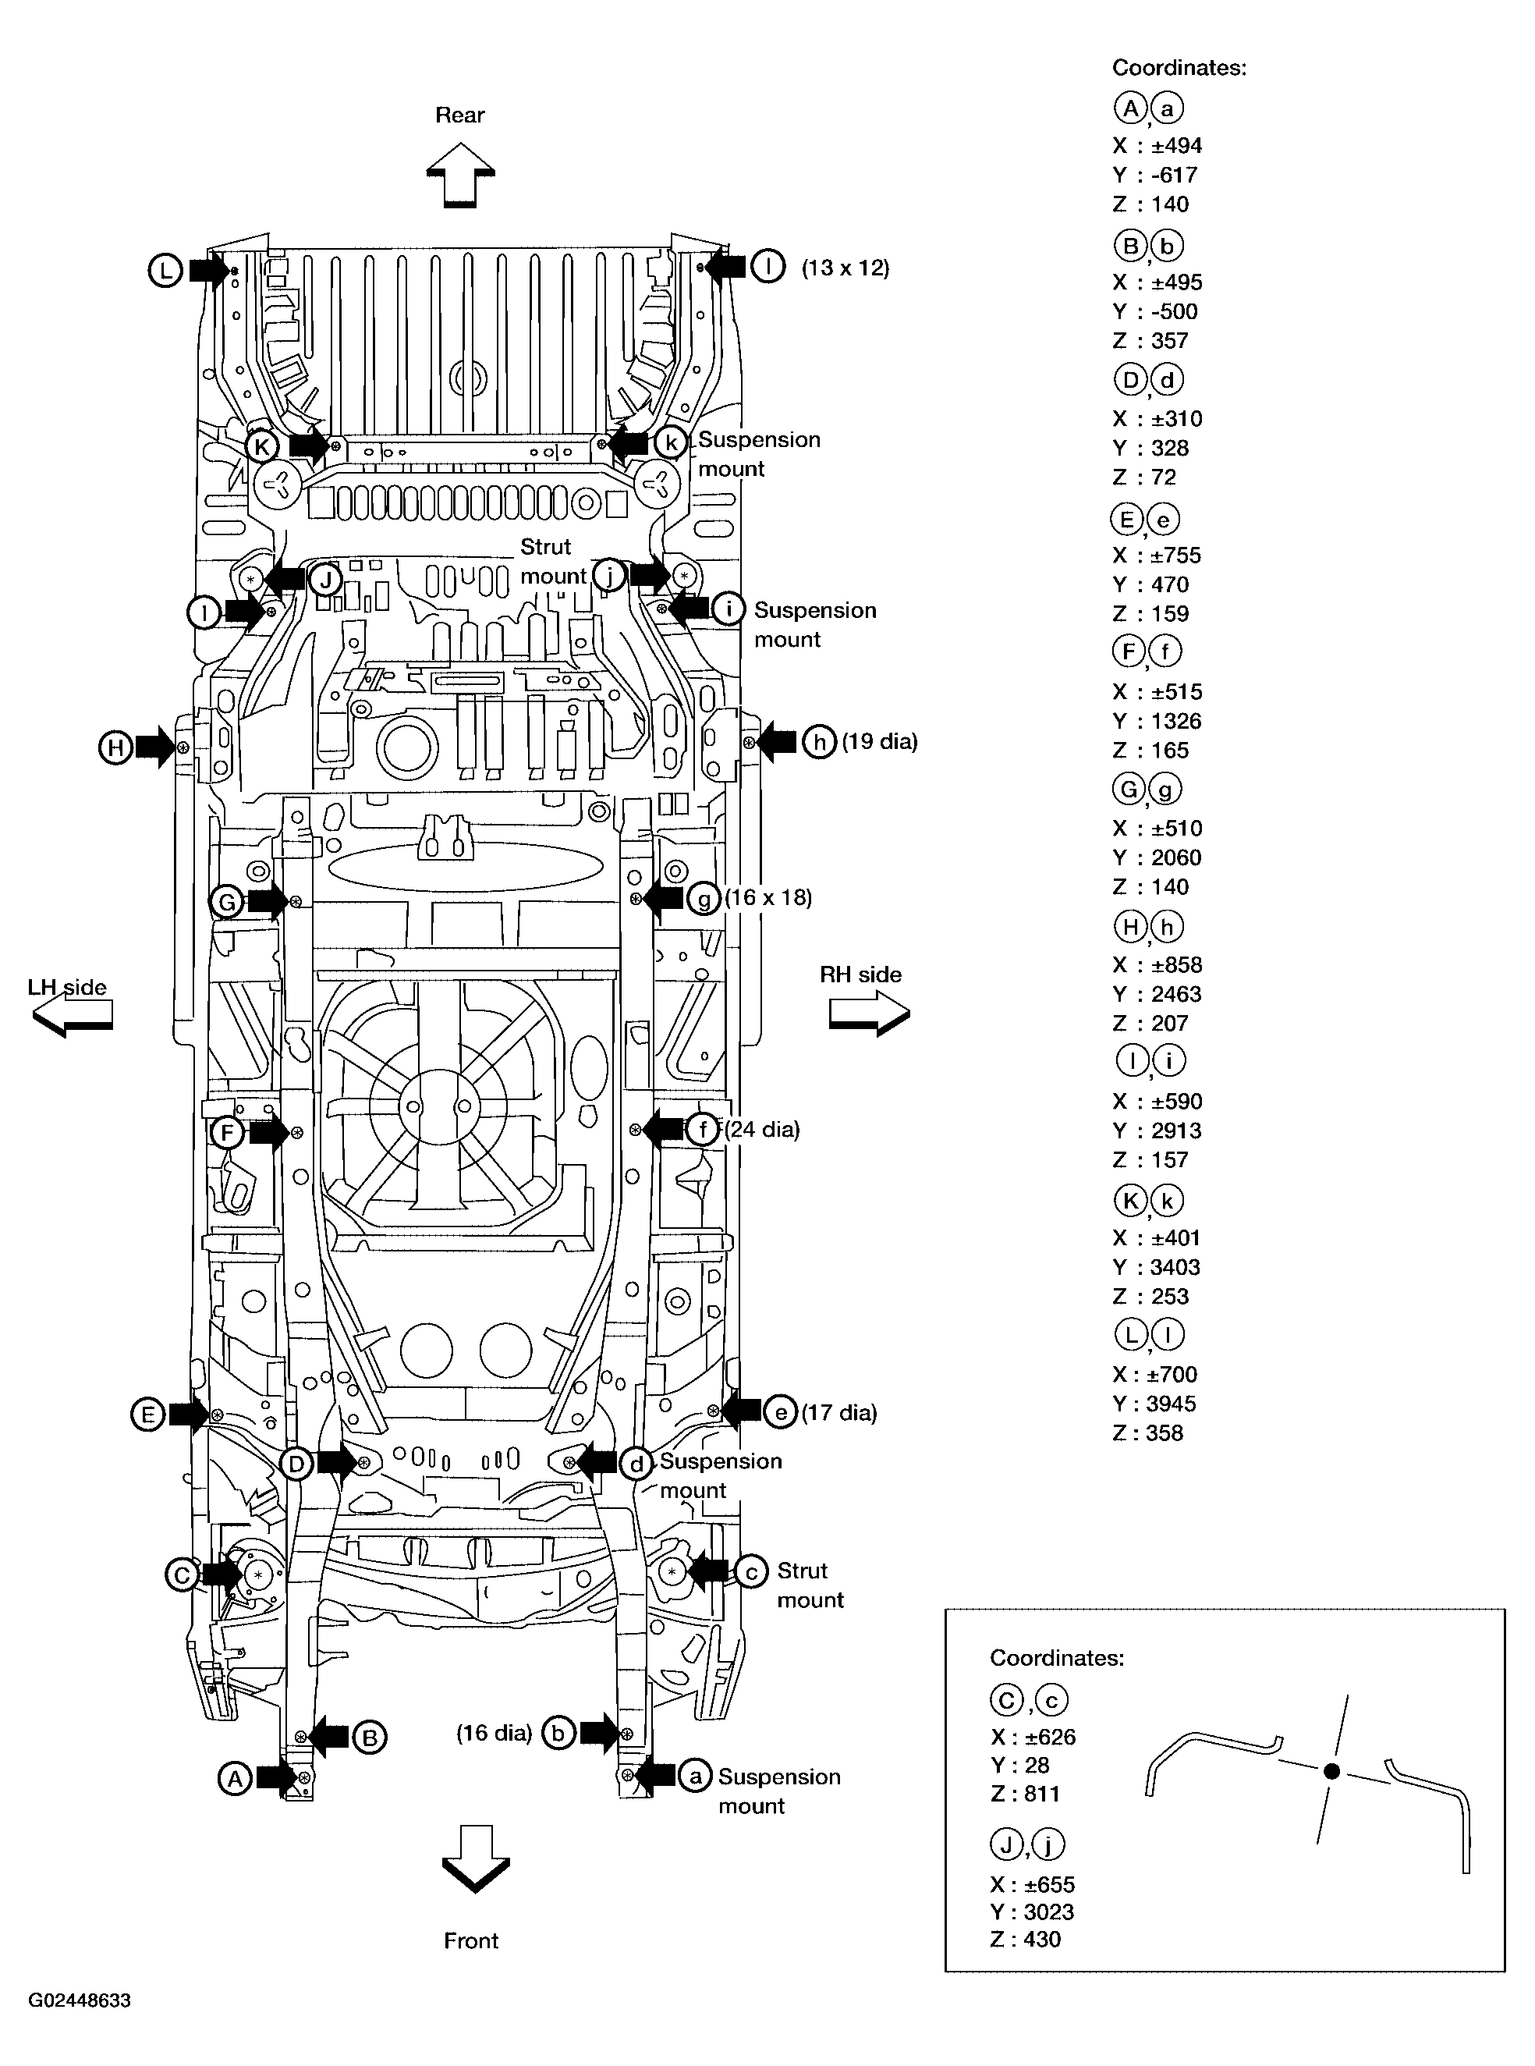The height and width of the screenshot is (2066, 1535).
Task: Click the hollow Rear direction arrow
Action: pos(460,175)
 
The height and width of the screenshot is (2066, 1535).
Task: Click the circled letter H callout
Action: pos(115,747)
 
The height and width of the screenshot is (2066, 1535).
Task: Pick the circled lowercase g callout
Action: pos(704,899)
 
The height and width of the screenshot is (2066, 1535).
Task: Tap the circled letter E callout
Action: pos(147,1415)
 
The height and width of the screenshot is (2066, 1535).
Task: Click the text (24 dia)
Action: pos(762,1129)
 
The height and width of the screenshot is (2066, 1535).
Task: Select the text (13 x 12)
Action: pos(845,268)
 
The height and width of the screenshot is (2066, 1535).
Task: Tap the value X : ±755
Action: pos(1157,556)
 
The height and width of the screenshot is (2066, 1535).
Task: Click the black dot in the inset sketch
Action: pos(1331,1771)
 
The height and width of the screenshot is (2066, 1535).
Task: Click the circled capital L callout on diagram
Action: pos(165,272)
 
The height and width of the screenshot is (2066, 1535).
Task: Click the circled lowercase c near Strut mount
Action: pos(751,1571)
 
